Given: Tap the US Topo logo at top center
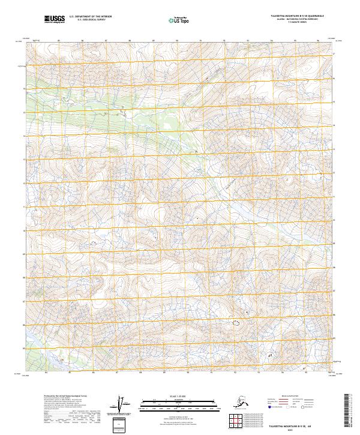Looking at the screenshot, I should (175, 20).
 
